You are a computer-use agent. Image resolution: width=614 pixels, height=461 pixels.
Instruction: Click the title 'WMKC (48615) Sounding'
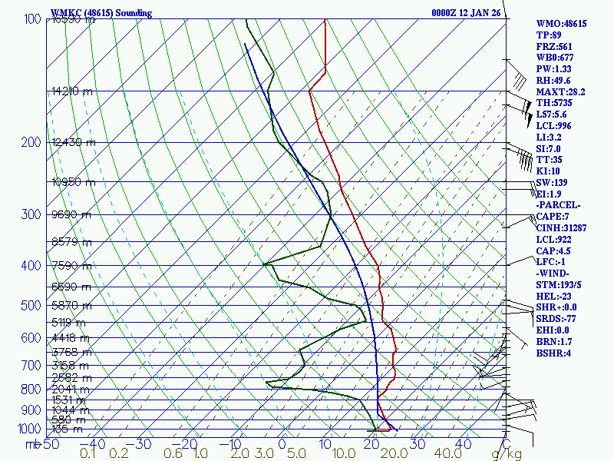[x=101, y=13]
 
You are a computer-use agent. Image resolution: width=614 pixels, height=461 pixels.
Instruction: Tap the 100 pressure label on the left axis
[x=32, y=19]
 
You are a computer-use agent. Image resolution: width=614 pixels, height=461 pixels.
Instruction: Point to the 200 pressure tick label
[x=32, y=142]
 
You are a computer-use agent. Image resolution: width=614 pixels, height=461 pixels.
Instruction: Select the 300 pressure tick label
[x=32, y=214]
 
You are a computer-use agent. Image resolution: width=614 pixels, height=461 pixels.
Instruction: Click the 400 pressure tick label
[x=32, y=266]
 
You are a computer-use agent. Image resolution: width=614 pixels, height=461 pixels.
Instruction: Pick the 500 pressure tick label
[x=32, y=306]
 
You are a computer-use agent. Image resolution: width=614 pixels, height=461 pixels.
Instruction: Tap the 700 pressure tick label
[x=32, y=365]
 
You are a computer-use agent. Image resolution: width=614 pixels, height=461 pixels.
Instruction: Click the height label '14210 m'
[x=72, y=91]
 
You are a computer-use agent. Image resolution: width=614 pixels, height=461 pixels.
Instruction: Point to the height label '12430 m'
[x=74, y=142]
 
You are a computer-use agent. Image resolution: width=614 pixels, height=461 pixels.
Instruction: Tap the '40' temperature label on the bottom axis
[x=464, y=443]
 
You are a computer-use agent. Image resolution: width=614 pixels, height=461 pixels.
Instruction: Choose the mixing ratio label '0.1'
[x=88, y=454]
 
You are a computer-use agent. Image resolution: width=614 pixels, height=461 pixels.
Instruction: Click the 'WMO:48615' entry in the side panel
[x=561, y=24]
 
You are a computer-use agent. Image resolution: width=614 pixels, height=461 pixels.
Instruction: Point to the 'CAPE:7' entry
[x=554, y=217]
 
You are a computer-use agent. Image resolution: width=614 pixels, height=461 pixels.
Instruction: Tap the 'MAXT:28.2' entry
[x=560, y=92]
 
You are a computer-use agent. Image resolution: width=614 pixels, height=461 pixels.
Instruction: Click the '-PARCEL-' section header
[x=558, y=205]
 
